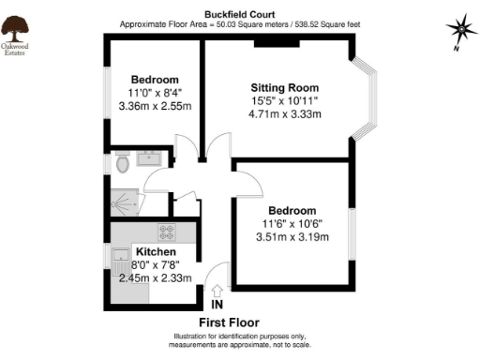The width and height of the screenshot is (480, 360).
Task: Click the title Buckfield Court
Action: tap(241, 14)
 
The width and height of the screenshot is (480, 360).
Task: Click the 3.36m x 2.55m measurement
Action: tap(156, 107)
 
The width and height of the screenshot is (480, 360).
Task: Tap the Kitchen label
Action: tap(155, 253)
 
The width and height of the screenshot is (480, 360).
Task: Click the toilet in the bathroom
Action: tap(122, 164)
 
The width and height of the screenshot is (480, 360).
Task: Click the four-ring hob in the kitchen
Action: tap(168, 232)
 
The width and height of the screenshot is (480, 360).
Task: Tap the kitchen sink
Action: tap(121, 256)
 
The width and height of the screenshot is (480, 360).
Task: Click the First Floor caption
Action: tap(241, 323)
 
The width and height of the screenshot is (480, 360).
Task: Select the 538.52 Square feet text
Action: tap(327, 23)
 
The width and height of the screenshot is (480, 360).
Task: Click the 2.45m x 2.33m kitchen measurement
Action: tap(155, 277)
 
